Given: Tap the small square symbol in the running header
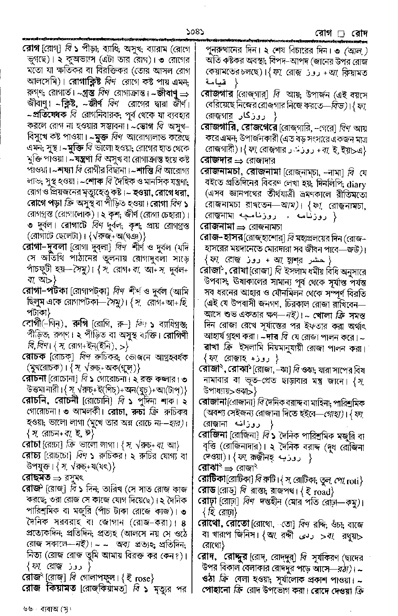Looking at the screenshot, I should click(x=341, y=33).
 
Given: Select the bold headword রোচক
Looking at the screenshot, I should click(x=34, y=356).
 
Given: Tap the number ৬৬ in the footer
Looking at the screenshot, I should click(x=29, y=609).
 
